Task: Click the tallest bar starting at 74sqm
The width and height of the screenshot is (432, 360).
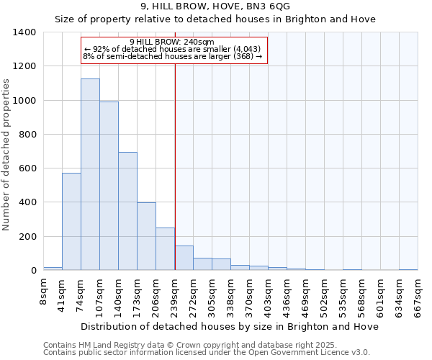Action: [x=90, y=174]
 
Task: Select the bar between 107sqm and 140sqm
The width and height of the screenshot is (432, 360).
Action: [x=109, y=186]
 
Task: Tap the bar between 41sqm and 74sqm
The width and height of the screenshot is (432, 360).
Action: [x=71, y=222]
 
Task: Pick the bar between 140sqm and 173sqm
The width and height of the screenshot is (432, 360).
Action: [x=127, y=211]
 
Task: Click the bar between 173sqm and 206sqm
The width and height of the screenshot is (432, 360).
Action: [x=146, y=236]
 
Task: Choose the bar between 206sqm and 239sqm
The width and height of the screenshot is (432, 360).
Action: [x=165, y=249]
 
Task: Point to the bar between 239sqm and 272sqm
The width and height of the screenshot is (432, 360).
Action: [x=184, y=258]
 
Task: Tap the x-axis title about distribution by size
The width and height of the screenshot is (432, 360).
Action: [x=230, y=327]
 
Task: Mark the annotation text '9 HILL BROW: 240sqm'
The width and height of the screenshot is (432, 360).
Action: [x=173, y=42]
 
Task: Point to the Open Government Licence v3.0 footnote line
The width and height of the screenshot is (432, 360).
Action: [x=206, y=352]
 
